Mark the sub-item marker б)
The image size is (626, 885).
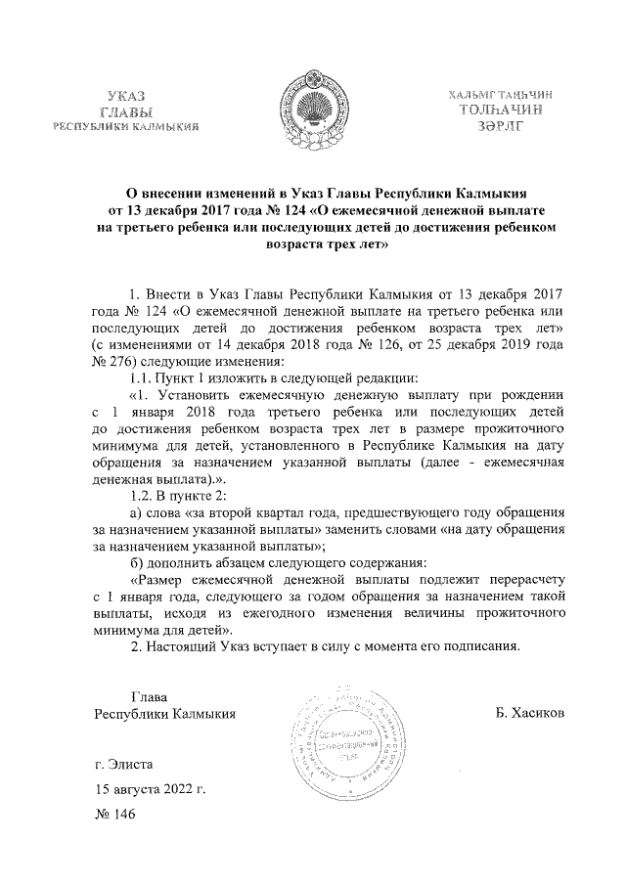pyautogui.click(x=137, y=562)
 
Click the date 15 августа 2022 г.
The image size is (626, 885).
pyautogui.click(x=149, y=788)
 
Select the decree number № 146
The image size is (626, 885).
pyautogui.click(x=112, y=814)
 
